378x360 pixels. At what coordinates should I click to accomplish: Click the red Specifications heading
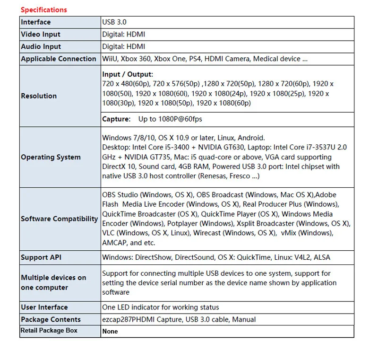44,9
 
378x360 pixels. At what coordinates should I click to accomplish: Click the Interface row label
35,22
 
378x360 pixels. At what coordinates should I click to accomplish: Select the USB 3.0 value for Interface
114,22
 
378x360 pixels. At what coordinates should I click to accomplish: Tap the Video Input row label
41,34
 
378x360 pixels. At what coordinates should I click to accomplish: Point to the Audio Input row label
41,46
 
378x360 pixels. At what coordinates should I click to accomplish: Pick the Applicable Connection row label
59,59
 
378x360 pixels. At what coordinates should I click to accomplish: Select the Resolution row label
39,96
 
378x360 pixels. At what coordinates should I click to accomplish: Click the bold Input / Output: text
128,74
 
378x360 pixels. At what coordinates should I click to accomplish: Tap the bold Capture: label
116,119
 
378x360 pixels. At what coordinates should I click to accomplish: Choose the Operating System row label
51,157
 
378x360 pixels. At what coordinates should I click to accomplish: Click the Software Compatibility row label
59,219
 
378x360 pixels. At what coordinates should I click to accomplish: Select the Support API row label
41,257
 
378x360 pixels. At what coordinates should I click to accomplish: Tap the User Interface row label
44,307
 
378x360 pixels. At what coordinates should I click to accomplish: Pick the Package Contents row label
51,319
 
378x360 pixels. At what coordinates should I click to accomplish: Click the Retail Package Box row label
49,330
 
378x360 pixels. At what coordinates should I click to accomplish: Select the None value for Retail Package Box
110,331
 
